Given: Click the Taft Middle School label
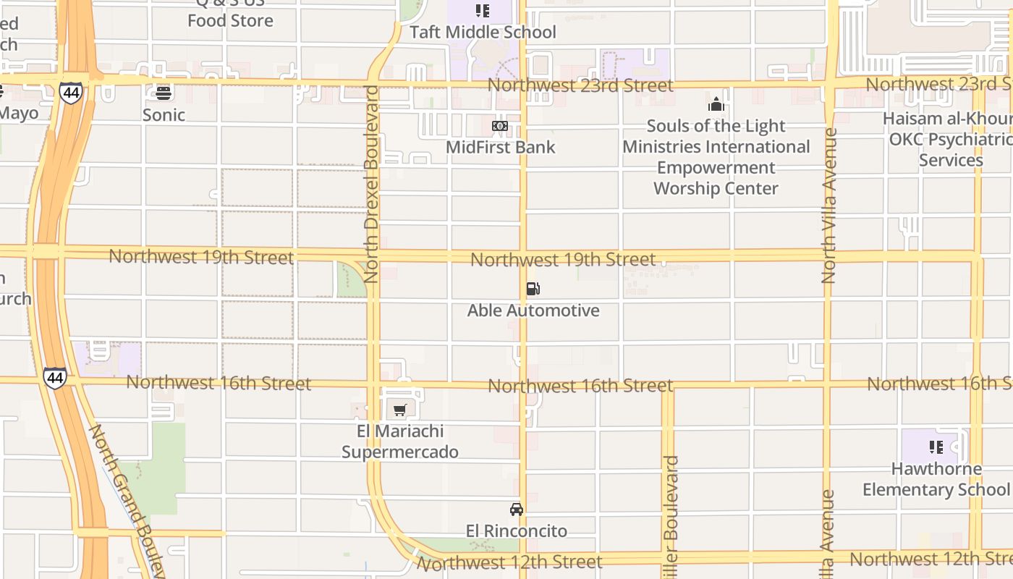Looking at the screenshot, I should click(483, 32).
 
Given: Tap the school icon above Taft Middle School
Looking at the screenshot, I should click(483, 11).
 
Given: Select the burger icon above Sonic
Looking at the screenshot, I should click(164, 93).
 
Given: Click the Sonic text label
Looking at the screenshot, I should click(164, 114).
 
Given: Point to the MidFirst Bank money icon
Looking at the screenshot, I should click(500, 126).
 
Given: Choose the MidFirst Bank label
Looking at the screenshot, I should click(500, 147).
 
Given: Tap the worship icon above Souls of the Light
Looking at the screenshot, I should click(716, 104).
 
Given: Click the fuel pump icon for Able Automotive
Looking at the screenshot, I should click(533, 289).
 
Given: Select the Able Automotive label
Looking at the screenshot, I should click(533, 310).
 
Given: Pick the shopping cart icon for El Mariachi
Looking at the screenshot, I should click(399, 410).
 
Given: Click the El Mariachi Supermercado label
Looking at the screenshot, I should click(399, 441).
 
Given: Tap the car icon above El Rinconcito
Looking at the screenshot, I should click(517, 510).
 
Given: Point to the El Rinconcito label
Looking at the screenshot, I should click(517, 531).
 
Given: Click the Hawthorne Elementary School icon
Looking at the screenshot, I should click(936, 447).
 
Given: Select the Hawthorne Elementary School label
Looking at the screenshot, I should click(936, 479).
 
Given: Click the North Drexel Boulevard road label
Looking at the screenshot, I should click(372, 184).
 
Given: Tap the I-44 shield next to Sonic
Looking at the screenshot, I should click(71, 93).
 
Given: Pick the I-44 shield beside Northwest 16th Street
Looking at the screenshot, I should click(55, 377).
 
